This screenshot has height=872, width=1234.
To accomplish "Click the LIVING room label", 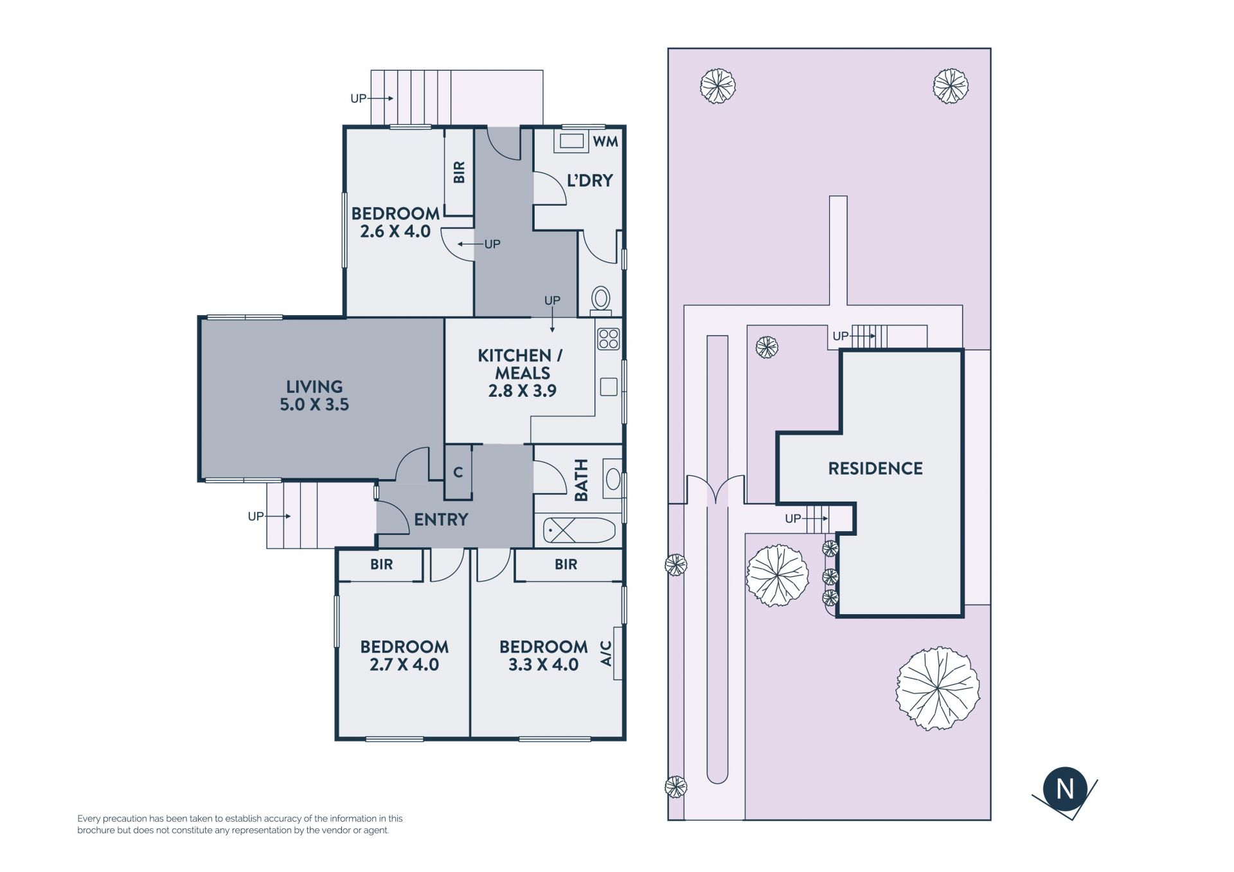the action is click(x=314, y=386).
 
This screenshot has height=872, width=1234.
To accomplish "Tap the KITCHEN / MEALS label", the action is click(x=521, y=364).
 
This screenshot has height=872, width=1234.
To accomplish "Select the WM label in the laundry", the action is click(x=605, y=141).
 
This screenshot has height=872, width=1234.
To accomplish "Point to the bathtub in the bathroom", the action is click(x=580, y=531).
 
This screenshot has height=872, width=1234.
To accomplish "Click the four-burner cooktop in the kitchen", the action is click(x=608, y=338).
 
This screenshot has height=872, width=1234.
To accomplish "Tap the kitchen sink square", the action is click(x=609, y=386).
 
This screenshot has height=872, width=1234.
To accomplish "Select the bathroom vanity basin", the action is click(x=614, y=479).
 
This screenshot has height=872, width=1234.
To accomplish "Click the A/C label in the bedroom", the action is click(x=605, y=653).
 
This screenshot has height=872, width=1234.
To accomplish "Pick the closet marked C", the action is click(x=458, y=472).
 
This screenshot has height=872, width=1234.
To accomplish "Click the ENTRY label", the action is click(x=441, y=520).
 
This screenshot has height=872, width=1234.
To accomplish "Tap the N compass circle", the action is click(x=1065, y=788).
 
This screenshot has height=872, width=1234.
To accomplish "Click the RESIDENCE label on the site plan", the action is click(x=875, y=468).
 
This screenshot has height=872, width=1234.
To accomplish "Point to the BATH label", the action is click(x=581, y=480).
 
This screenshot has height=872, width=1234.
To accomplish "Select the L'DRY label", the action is click(x=589, y=181).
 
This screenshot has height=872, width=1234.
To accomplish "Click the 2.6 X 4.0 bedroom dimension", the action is click(x=395, y=232).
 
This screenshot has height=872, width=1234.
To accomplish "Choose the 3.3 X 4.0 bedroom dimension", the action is click(x=543, y=665).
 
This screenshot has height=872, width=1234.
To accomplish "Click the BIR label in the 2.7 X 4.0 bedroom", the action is click(x=381, y=565).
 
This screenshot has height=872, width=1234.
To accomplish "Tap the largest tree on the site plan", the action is click(x=938, y=688).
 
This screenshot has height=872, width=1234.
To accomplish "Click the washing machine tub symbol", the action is click(x=571, y=141).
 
